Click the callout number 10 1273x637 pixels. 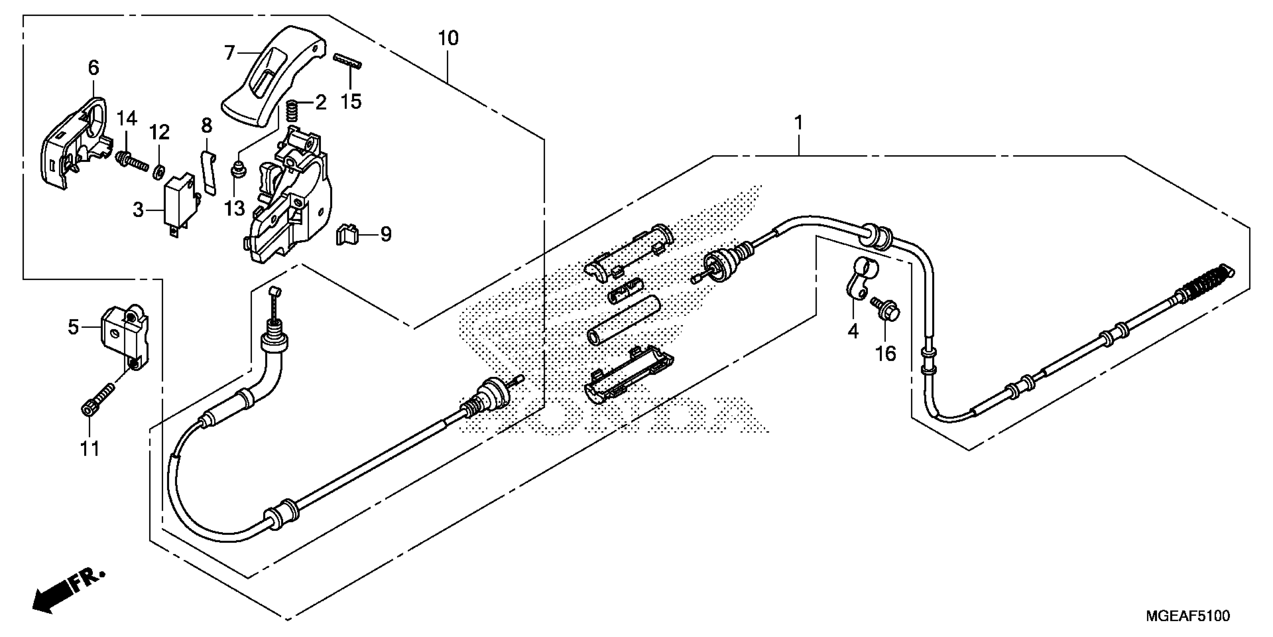click(x=448, y=38)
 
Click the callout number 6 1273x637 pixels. click(x=93, y=68)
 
